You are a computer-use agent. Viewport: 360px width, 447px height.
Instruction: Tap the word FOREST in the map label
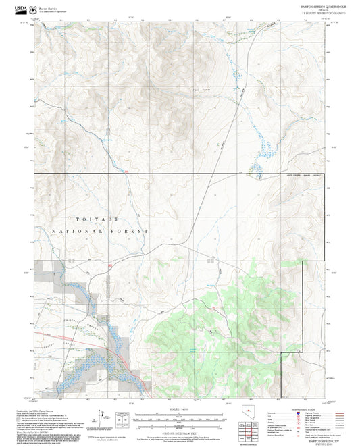tap(133, 231)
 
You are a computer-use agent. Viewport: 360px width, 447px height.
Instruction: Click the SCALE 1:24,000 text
tap(180, 409)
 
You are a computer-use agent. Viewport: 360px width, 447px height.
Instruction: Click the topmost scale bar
tap(180, 413)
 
